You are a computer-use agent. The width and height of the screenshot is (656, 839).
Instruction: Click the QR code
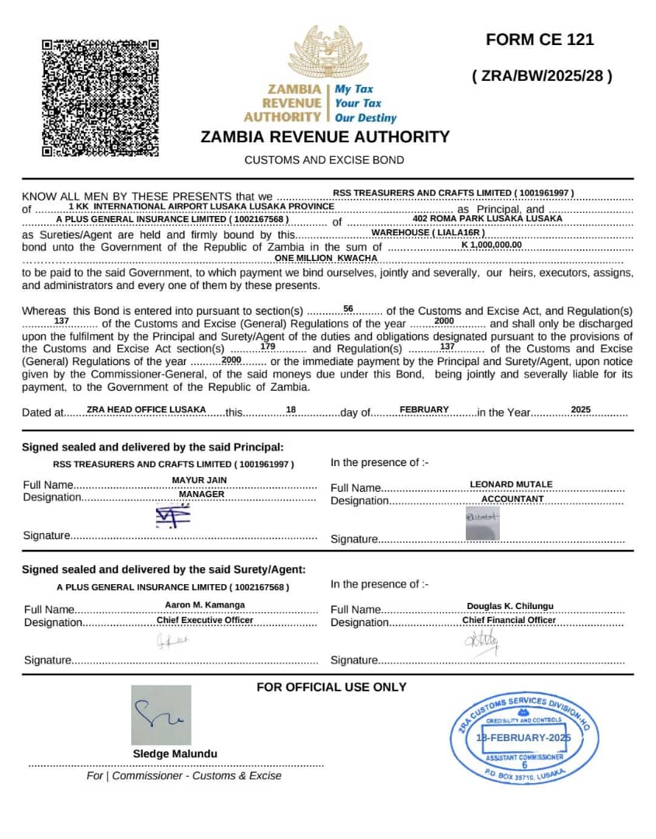tap(100, 98)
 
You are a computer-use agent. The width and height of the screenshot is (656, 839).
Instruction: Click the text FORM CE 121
tap(540, 40)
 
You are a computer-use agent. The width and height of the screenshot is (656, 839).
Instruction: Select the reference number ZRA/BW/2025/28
tap(542, 76)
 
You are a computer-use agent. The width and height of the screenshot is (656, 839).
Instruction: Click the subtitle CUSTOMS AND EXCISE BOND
tap(325, 160)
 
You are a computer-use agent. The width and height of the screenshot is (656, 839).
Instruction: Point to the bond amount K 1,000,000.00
tap(491, 245)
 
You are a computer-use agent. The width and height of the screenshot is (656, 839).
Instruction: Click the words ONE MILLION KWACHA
tap(326, 258)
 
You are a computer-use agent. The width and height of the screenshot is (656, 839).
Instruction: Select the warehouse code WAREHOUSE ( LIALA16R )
tap(428, 232)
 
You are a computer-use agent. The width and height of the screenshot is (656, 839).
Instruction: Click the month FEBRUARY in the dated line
tap(424, 409)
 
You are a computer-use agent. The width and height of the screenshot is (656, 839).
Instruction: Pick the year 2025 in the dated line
tap(581, 409)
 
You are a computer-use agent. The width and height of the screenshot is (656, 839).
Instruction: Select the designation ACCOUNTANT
tap(512, 499)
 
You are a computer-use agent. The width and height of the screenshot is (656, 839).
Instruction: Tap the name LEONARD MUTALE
tap(511, 484)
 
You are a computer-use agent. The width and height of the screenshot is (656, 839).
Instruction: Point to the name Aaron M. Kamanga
tap(204, 604)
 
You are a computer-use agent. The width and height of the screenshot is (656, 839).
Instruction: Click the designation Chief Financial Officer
tap(508, 620)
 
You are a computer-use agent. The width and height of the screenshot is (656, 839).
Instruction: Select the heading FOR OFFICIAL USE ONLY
tap(331, 687)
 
